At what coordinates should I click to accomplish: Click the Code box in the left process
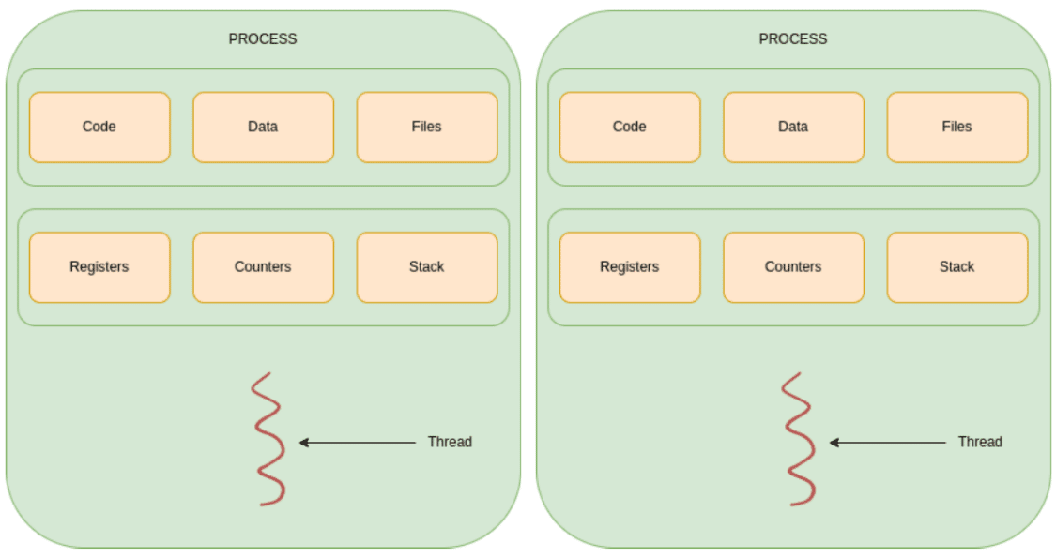[x=99, y=128]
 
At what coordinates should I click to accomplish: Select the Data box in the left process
[x=264, y=128]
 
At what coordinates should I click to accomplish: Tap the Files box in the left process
[x=427, y=128]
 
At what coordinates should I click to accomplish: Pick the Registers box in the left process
[x=99, y=267]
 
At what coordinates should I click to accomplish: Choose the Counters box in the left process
[x=264, y=267]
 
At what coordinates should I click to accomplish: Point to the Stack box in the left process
[x=427, y=267]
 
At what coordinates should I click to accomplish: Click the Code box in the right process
[x=630, y=128]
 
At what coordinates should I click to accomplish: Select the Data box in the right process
[x=793, y=128]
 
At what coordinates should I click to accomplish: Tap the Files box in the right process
[x=957, y=128]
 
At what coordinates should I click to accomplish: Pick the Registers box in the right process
[x=630, y=267]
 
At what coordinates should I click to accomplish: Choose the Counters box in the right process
[x=793, y=267]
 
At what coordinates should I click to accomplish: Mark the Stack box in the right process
[x=957, y=267]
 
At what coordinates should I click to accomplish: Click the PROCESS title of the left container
[x=263, y=39]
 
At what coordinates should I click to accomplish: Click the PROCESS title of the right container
[x=792, y=39]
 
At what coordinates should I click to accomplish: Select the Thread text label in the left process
[x=450, y=443]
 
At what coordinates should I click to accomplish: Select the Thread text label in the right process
[x=980, y=443]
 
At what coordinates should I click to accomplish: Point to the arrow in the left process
[x=357, y=443]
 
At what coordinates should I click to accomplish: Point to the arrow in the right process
[x=888, y=443]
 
